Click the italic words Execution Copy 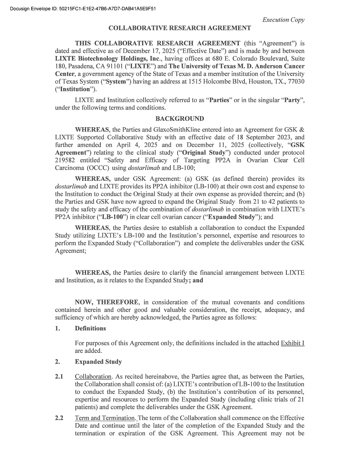point(283,20)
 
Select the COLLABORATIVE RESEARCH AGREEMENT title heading point(180,28)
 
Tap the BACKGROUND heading point(180,118)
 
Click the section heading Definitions point(90,328)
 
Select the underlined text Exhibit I point(292,343)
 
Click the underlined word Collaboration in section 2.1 point(93,376)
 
